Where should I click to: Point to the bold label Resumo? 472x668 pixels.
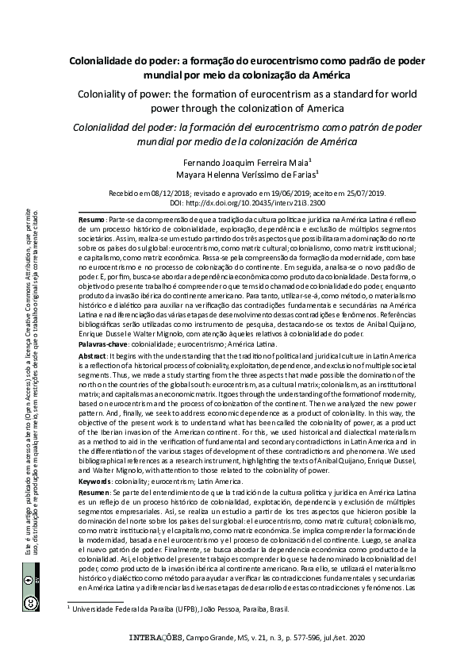point(93,218)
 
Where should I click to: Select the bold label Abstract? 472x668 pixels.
point(96,357)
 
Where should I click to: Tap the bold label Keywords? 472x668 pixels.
point(100,482)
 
